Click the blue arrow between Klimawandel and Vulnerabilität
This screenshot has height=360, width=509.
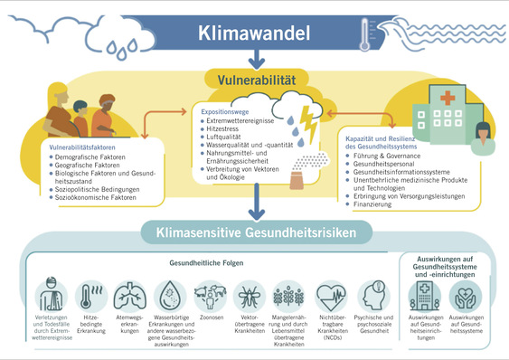[259, 60]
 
